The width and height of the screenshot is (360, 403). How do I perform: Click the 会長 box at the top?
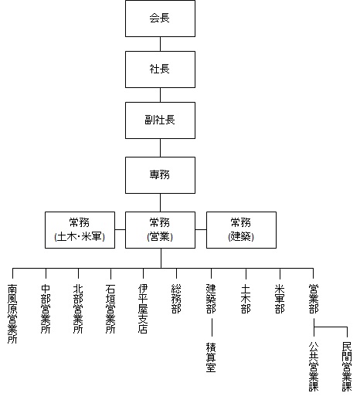click(160, 19)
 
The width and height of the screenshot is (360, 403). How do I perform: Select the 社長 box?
click(160, 69)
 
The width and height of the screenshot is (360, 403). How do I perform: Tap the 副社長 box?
click(160, 120)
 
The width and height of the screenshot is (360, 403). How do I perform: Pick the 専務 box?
click(160, 175)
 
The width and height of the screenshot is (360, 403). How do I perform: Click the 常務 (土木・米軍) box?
click(80, 230)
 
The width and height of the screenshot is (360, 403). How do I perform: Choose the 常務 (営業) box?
click(160, 230)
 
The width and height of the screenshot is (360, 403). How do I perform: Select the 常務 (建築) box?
click(241, 230)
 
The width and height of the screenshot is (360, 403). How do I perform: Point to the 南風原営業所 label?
click(12, 313)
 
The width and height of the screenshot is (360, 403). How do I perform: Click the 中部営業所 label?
click(46, 309)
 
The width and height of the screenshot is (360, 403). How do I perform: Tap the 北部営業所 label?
click(78, 309)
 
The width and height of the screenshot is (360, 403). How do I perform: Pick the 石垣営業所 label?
click(110, 309)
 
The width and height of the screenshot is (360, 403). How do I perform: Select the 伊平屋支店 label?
click(143, 309)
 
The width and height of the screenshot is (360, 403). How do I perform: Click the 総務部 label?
click(176, 299)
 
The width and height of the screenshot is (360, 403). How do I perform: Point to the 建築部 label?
click(211, 299)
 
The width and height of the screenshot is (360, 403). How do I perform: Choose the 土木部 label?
click(246, 299)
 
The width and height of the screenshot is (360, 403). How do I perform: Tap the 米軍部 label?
click(280, 299)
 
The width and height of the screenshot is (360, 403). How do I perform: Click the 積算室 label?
click(211, 357)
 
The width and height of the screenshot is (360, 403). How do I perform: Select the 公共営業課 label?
click(314, 367)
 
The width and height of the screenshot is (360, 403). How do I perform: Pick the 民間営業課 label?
click(347, 367)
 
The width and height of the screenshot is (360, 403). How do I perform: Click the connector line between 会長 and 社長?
click(160, 44)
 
